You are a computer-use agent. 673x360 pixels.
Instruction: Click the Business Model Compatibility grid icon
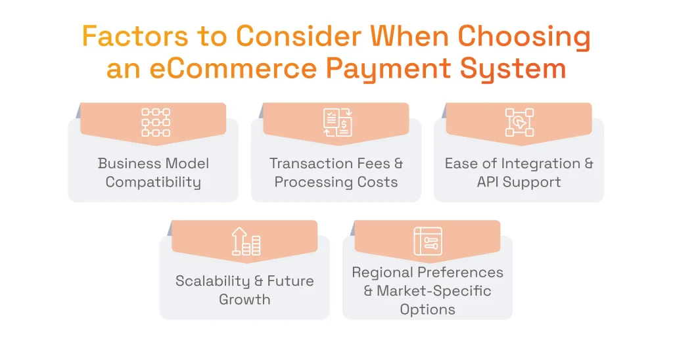(156, 123)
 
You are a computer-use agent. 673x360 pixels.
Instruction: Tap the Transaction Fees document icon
(337, 123)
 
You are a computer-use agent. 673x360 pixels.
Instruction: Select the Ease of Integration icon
(519, 123)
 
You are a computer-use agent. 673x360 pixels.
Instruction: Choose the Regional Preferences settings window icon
(428, 240)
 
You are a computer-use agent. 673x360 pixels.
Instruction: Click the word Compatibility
(153, 183)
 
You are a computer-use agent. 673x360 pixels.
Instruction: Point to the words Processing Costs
(336, 182)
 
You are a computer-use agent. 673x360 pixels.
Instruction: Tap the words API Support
(519, 182)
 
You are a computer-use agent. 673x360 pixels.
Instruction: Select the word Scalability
(212, 281)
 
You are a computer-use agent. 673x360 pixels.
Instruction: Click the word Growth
(244, 300)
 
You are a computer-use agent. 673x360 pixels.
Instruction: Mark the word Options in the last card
(427, 309)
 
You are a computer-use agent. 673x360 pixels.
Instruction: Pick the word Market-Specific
(434, 290)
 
